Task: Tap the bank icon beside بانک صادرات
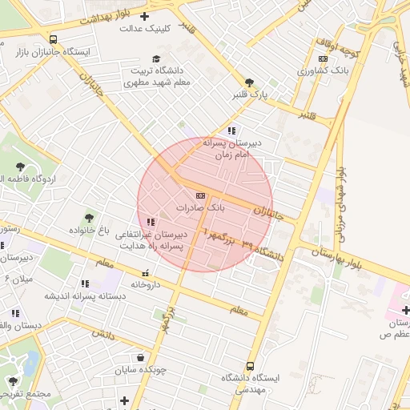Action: pos(200,195)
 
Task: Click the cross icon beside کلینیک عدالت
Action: pos(143,16)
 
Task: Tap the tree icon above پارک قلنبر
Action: pos(250,82)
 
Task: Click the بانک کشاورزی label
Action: pos(323,70)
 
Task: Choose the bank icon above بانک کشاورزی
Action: pos(323,58)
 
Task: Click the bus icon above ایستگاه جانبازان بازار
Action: pos(53,38)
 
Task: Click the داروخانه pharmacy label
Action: pos(147,284)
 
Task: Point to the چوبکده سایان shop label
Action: pos(142,370)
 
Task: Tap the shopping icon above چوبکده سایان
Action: pos(141,358)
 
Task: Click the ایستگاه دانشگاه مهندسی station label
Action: pos(251,382)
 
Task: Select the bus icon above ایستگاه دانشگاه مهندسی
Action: pos(251,365)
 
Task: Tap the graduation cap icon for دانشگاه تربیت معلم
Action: pos(157,58)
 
